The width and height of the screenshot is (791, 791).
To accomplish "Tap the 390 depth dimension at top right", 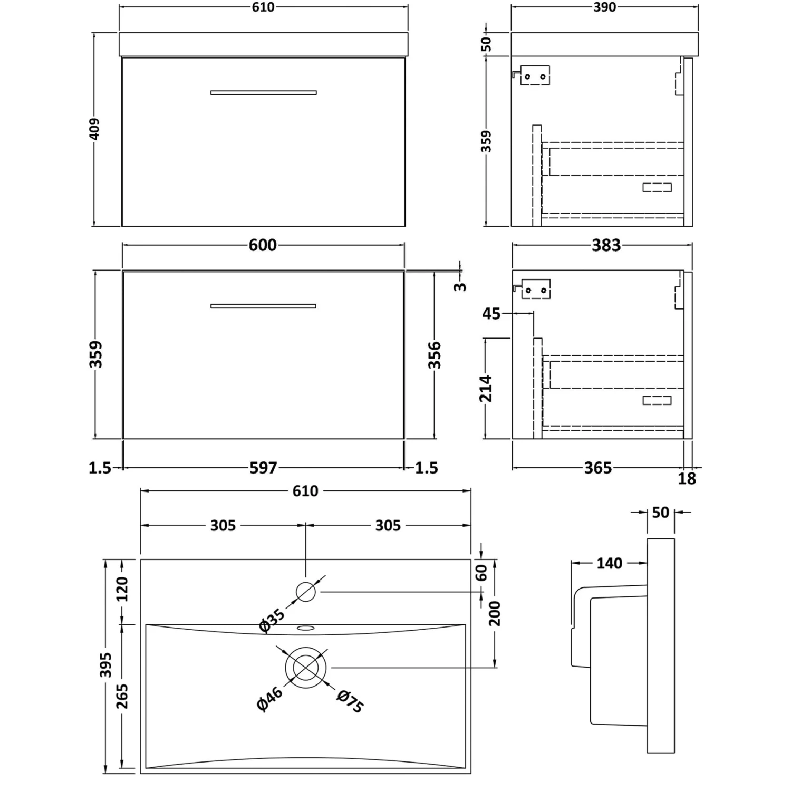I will (604, 7).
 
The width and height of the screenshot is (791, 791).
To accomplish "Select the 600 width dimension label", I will (263, 245).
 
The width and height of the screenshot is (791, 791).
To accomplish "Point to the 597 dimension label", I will (263, 468).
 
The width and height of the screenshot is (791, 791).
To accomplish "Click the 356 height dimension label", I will (435, 354).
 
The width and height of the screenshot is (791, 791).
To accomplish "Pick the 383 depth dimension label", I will (606, 245).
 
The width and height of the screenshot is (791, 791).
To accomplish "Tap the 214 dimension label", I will (486, 388).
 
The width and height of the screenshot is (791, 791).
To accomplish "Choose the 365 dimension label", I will (598, 468).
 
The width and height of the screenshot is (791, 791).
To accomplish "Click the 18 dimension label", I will (687, 479).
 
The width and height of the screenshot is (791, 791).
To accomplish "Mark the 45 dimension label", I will (491, 314).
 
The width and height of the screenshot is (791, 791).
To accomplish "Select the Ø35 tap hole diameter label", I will (272, 620).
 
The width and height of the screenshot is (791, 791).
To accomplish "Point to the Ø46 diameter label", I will (269, 700).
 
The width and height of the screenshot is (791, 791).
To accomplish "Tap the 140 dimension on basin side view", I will (609, 563).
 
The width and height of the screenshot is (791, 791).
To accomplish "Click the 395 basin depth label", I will (106, 665).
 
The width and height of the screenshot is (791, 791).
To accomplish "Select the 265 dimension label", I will (122, 696).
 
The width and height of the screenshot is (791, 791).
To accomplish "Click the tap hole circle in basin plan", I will (306, 592).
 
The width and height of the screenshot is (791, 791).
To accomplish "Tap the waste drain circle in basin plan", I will (306, 668).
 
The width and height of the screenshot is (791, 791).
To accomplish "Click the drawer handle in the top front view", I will (263, 93).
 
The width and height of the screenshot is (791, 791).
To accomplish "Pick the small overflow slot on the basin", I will (305, 628).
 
